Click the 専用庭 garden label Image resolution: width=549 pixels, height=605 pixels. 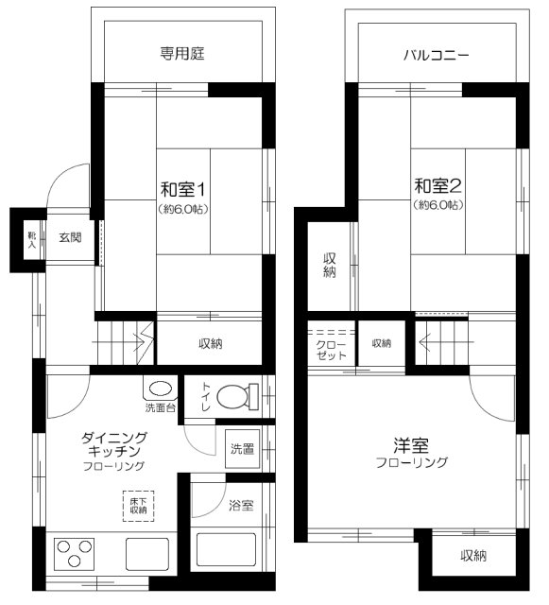[182, 53]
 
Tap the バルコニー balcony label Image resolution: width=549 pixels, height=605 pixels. [437, 55]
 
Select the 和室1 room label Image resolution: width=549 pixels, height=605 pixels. [183, 189]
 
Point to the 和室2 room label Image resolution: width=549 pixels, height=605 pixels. [437, 185]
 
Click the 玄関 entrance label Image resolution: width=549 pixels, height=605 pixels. [70, 237]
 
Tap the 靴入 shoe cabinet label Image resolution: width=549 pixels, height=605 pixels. [31, 239]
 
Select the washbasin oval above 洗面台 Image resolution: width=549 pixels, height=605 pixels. [160, 389]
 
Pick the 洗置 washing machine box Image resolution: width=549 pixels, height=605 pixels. [242, 449]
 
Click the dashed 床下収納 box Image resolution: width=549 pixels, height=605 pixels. [139, 506]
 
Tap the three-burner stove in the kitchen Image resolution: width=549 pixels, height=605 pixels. [75, 554]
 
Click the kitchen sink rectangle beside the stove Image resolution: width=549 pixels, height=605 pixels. [147, 554]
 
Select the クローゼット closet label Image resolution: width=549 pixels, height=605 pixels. [331, 350]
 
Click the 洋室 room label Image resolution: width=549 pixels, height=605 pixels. [411, 445]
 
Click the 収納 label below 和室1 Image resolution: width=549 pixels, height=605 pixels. [211, 343]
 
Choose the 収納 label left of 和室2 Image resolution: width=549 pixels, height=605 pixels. [330, 265]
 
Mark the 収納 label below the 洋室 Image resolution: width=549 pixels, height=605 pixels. [473, 556]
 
